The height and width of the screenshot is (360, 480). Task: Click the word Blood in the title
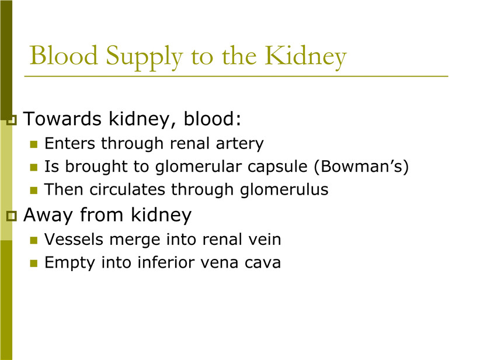(64, 56)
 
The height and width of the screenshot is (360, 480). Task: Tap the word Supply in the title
(144, 58)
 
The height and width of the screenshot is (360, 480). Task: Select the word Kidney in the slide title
(305, 58)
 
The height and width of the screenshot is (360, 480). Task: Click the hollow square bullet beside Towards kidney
(11, 120)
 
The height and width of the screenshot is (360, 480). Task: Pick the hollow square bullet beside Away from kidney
(11, 216)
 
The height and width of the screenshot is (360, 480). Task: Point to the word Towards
(62, 119)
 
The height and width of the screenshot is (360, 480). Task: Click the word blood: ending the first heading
(212, 119)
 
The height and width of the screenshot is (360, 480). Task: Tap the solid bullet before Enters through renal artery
(34, 144)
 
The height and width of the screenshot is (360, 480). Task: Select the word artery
(239, 144)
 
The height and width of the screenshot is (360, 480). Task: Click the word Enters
(70, 143)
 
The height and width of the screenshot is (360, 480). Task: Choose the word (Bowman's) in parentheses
(361, 167)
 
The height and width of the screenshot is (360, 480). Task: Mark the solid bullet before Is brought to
(34, 167)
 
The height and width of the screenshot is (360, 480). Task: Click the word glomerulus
(284, 190)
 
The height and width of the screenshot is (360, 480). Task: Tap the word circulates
(127, 189)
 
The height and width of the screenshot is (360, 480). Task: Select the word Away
(48, 216)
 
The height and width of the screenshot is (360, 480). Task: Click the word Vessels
(74, 239)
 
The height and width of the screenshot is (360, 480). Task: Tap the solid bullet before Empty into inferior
(34, 264)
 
